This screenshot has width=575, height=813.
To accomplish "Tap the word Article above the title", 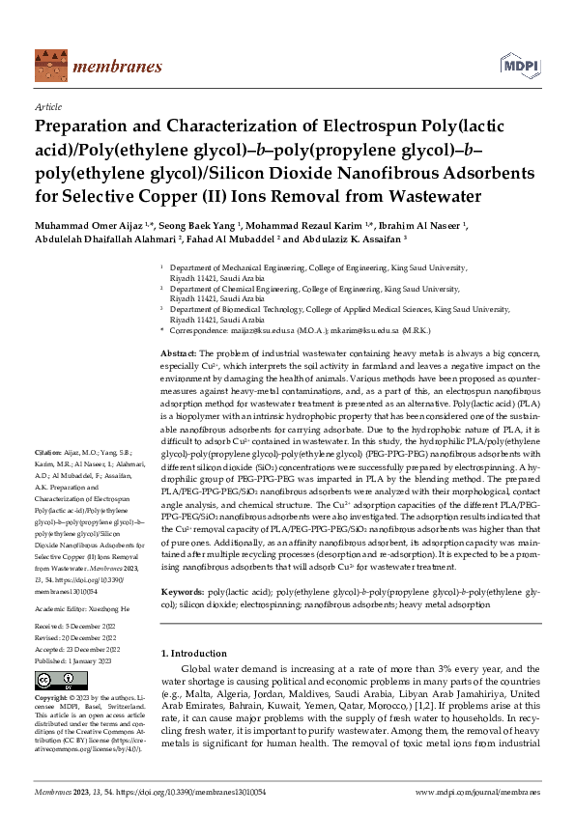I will tap(47, 108).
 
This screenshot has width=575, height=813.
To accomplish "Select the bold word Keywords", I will tap(183, 562).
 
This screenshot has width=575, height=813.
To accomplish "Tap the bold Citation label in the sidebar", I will tap(48, 452).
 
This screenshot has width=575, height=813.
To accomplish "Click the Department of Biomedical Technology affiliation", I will tap(338, 309).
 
